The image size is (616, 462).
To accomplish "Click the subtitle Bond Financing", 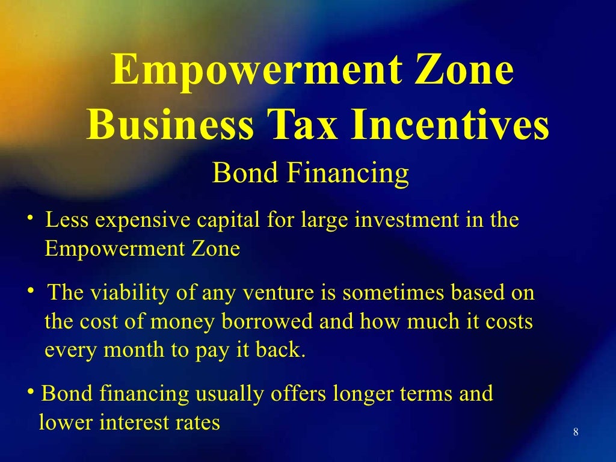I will point(311,174).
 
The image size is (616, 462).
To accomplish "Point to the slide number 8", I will point(576,432).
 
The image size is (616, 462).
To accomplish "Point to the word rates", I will point(197,423).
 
